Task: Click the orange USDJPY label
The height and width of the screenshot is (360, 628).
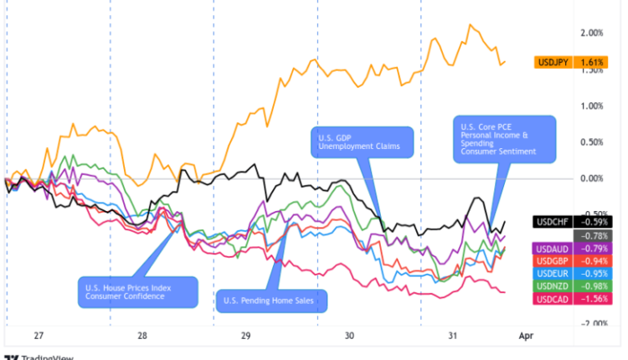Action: (x=553, y=62)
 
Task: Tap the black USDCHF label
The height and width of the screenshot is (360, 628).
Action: (x=553, y=222)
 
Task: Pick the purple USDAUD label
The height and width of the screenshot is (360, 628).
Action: (x=553, y=248)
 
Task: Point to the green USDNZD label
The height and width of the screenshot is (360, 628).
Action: (x=553, y=286)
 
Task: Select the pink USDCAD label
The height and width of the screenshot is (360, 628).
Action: (x=553, y=299)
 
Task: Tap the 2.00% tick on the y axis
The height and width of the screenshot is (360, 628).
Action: (x=591, y=33)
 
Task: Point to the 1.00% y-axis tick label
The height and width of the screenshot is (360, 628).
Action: (x=591, y=105)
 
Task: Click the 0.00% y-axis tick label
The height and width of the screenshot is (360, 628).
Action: (x=591, y=178)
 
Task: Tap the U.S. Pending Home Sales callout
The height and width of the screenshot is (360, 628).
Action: (x=270, y=301)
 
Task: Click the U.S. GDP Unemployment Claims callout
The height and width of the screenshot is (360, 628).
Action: (x=363, y=141)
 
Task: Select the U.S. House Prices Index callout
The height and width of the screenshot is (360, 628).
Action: (x=138, y=292)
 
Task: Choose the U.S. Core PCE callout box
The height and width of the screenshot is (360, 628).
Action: (x=506, y=139)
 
